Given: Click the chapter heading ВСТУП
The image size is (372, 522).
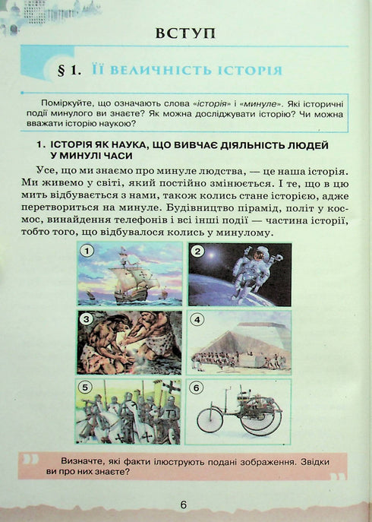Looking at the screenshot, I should (184, 33).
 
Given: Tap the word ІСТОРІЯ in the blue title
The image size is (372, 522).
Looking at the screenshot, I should (244, 70).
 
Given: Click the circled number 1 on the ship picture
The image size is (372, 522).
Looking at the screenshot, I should (88, 251).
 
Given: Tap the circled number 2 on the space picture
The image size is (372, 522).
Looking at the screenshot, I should (198, 252).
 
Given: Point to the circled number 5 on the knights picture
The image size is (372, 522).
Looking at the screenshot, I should (87, 387).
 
